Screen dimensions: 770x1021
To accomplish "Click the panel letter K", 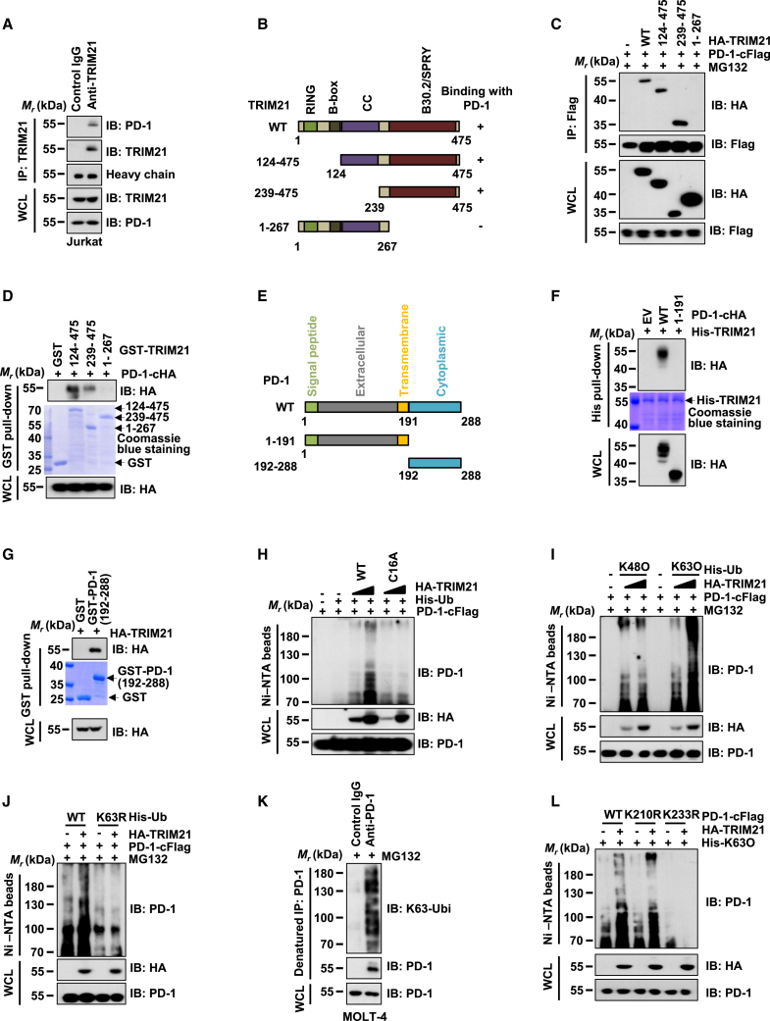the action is tap(263, 801).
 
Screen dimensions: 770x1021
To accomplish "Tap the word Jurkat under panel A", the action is tap(84, 241).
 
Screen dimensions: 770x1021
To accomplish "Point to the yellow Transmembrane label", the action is tap(404, 350).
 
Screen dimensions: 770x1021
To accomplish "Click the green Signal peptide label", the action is tap(312, 356).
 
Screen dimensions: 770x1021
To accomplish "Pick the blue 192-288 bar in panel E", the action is tap(436, 463).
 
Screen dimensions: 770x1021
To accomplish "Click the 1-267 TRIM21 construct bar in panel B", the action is tap(344, 227).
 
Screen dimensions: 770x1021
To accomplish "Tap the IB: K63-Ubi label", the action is tap(419, 908).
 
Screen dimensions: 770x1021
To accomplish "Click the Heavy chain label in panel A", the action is tap(140, 175).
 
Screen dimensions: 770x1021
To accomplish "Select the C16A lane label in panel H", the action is tap(391, 566).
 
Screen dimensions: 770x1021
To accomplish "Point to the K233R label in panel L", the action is tap(682, 816).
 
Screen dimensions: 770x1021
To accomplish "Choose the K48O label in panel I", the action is tap(635, 567).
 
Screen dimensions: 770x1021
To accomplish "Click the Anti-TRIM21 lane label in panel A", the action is tap(92, 76).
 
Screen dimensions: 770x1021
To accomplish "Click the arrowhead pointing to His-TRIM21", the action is tap(690, 400).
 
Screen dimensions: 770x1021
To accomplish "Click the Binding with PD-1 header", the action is tap(477, 98).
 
